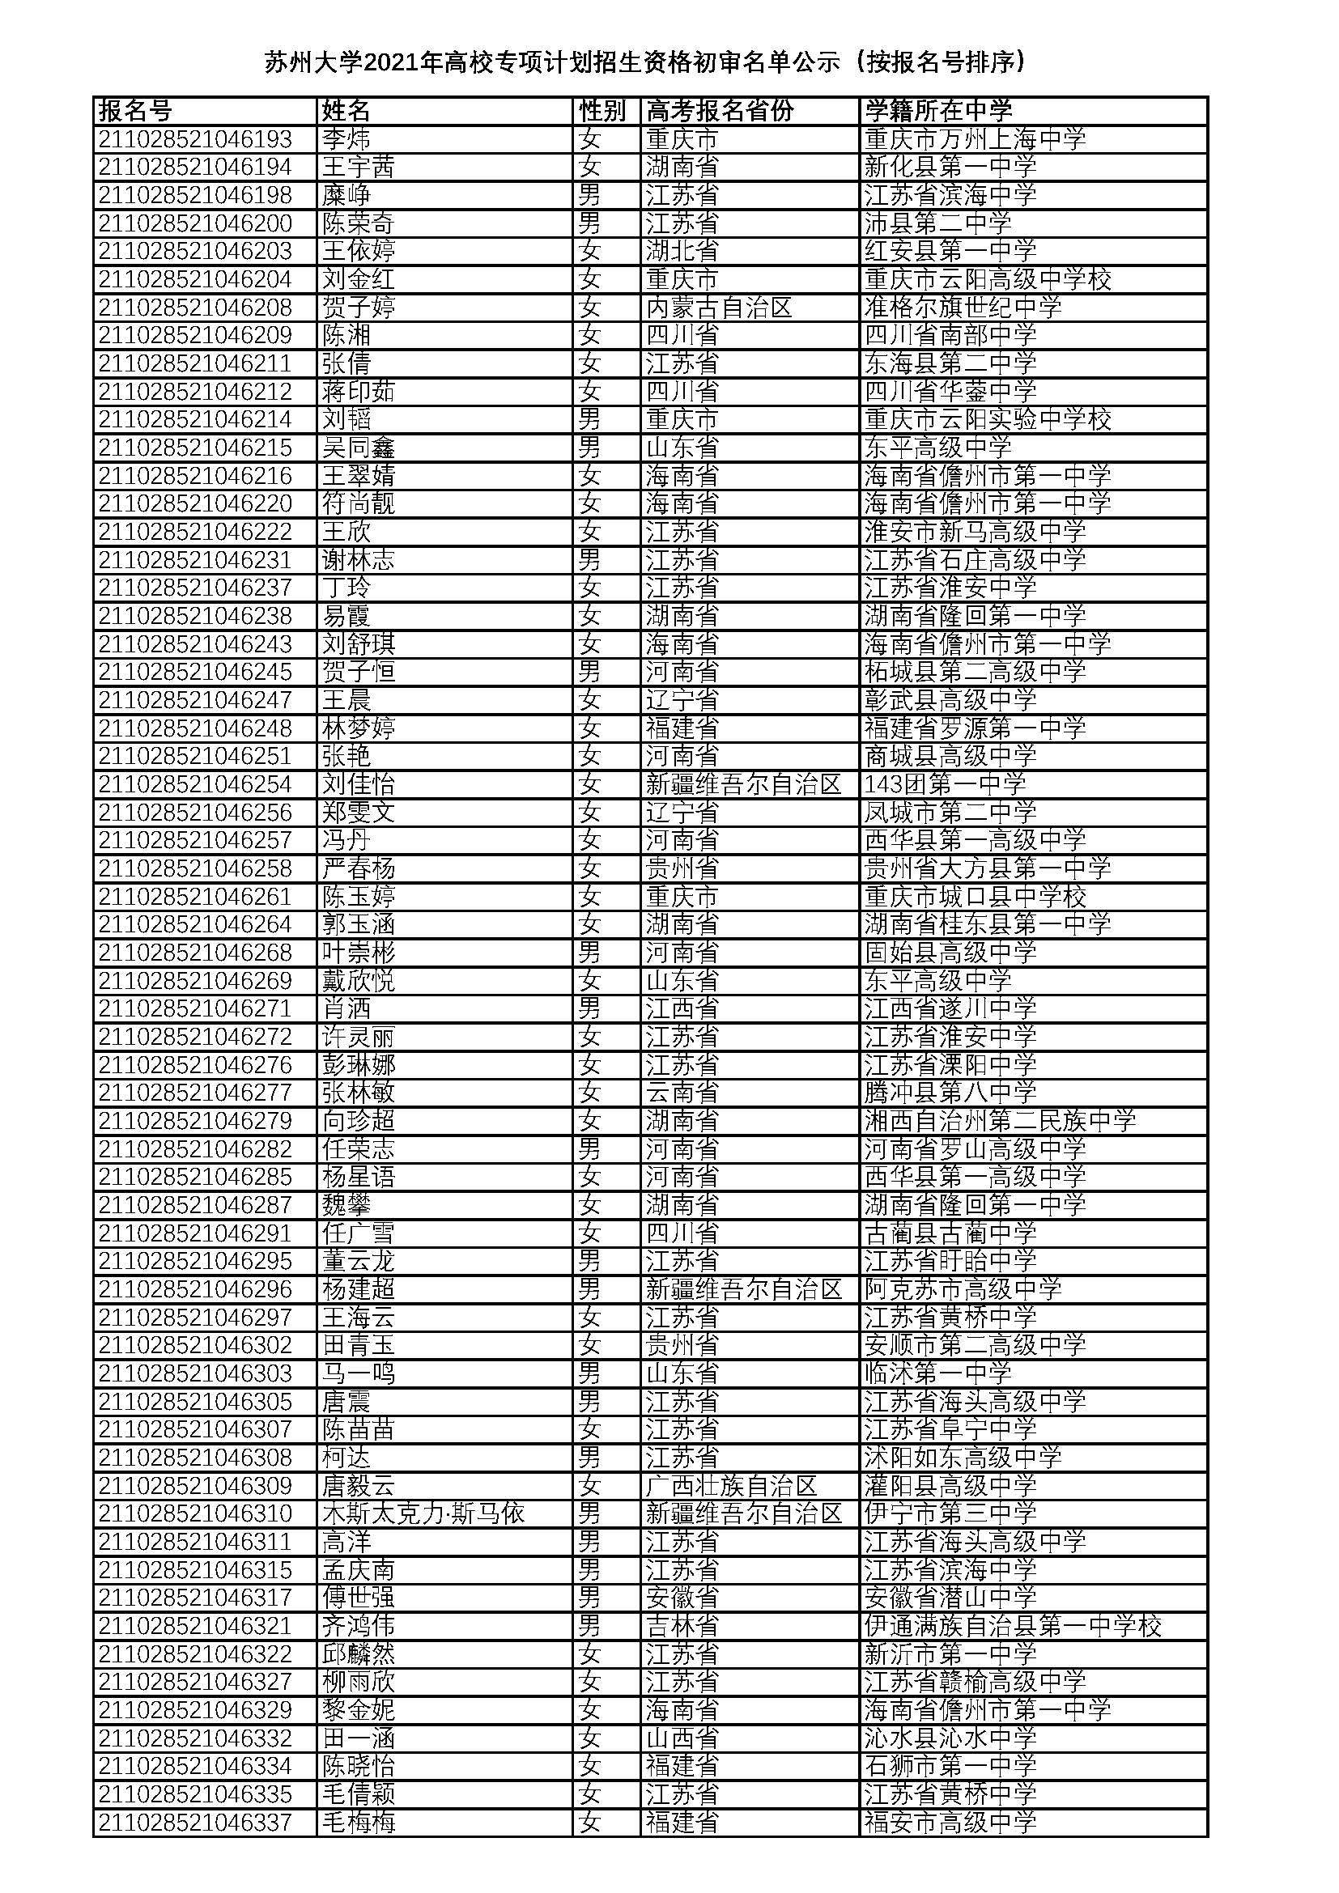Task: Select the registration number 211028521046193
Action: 195,138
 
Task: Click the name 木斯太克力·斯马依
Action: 423,1513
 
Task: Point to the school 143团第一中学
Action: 945,783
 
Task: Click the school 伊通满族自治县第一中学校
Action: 1013,1625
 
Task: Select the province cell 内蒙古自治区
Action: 719,308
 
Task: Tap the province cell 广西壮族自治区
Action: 731,1485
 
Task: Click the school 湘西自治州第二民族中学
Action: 1000,1119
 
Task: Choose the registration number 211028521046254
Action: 195,783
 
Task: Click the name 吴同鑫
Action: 359,448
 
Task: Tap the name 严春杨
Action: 359,868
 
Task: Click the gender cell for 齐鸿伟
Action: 589,1625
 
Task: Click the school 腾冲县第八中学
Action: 950,1092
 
